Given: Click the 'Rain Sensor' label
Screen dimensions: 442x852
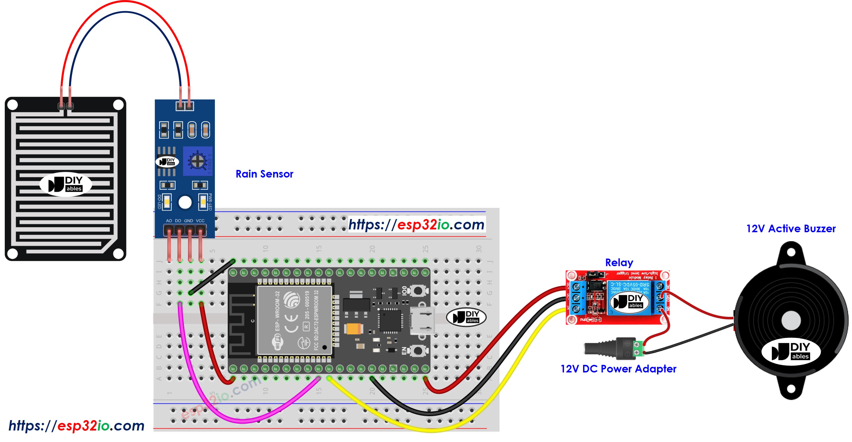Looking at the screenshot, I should click(264, 174).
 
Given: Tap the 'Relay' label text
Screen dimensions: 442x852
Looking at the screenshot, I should click(619, 262).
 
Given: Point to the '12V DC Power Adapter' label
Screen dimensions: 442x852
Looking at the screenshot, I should click(618, 369).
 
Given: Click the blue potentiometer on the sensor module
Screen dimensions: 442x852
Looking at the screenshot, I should click(198, 161).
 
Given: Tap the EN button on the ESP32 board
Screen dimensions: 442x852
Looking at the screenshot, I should click(418, 350).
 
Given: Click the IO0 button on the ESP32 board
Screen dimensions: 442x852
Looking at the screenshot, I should click(418, 290).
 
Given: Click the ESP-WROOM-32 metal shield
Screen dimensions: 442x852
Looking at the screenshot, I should click(294, 320).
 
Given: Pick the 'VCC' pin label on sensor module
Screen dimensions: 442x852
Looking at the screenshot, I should click(200, 220).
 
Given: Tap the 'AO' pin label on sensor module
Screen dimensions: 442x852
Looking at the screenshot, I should click(169, 220).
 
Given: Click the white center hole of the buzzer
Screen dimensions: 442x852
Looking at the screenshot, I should click(791, 320).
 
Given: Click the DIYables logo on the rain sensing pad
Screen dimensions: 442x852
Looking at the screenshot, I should click(66, 184).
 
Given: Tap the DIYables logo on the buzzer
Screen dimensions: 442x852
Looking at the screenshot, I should click(791, 351).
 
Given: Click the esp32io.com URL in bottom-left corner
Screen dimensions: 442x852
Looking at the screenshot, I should click(76, 425).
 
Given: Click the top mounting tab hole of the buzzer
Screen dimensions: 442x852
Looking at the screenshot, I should click(791, 252).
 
